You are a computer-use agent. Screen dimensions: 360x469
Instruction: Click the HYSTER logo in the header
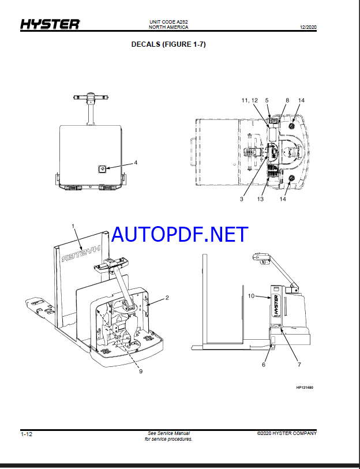[50, 24]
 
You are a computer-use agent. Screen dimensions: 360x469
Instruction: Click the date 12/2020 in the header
[308, 27]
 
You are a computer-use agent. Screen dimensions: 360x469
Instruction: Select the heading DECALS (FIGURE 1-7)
[168, 44]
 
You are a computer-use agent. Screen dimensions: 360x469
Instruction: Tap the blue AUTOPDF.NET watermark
[179, 234]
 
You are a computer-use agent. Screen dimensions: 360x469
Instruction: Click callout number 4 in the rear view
[136, 163]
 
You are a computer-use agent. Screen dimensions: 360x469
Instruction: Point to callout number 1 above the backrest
[73, 226]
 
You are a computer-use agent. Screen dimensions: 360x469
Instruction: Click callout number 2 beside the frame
[167, 298]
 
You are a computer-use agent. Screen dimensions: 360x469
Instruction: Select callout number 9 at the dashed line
[141, 371]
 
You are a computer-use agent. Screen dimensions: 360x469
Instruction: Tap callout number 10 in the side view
[251, 296]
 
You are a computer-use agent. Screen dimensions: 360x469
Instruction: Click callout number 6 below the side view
[264, 365]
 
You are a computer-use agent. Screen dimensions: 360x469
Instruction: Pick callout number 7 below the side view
[299, 365]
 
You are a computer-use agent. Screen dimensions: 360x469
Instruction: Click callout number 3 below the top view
[242, 199]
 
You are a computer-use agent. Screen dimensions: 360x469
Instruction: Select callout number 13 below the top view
[260, 199]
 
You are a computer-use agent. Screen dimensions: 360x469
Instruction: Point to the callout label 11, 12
[250, 100]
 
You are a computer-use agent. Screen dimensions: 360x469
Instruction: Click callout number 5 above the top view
[267, 100]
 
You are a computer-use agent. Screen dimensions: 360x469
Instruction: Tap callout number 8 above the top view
[287, 100]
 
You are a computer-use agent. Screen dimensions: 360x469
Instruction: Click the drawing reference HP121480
[305, 388]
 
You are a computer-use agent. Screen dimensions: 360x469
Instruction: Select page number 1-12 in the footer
[27, 434]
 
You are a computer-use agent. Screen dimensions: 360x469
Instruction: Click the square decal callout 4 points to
[102, 169]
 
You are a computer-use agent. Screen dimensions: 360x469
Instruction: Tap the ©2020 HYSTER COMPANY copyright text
[287, 433]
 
